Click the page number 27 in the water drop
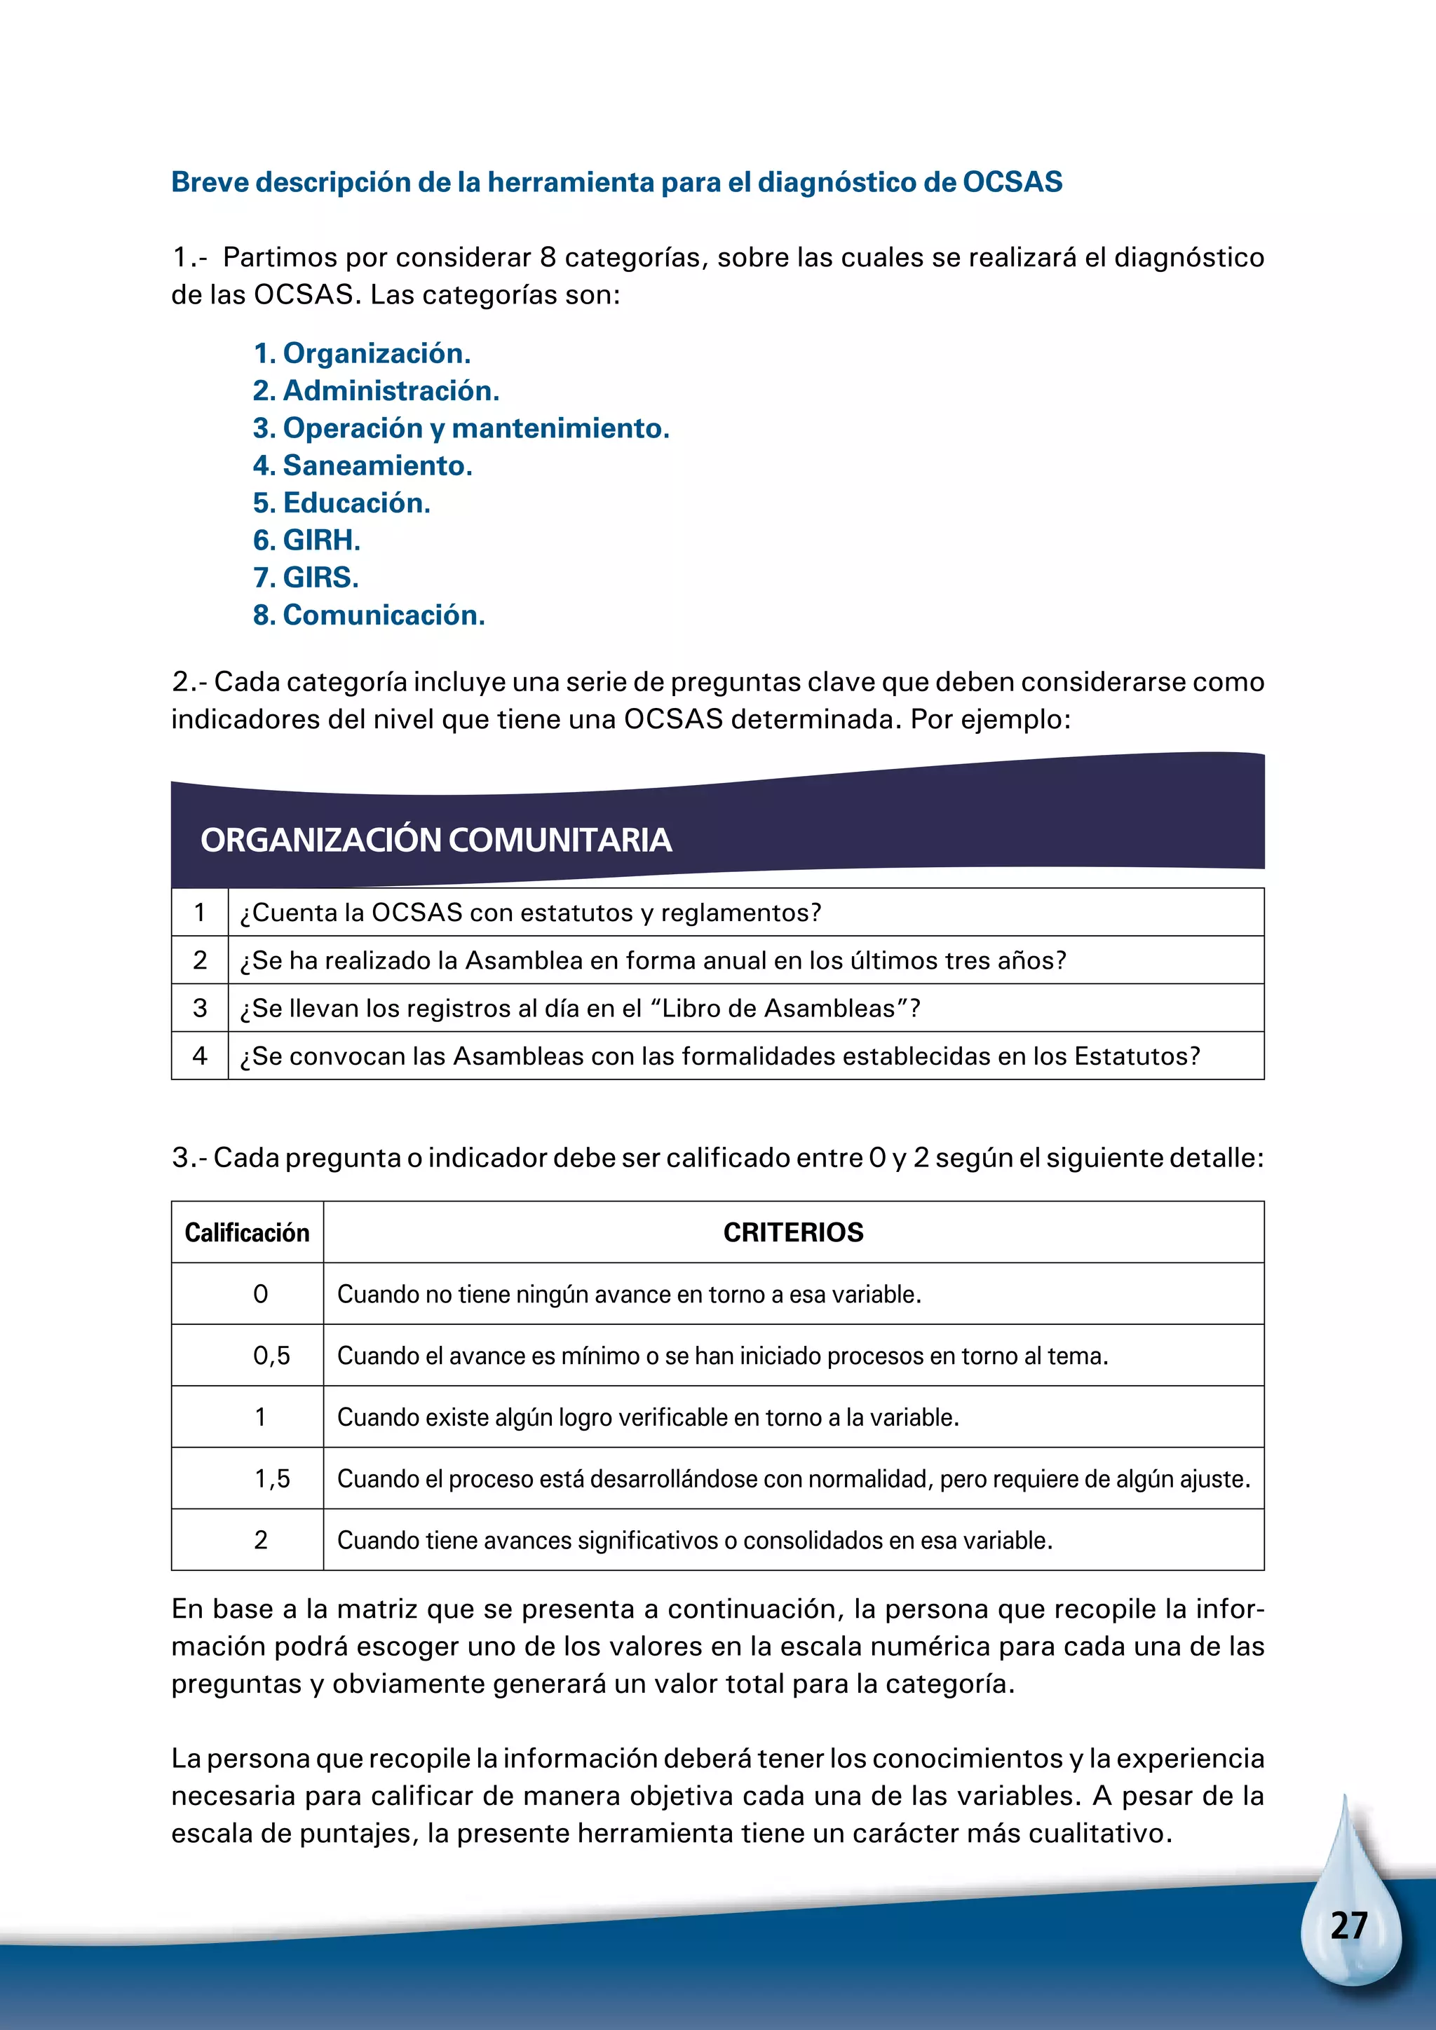1348,1925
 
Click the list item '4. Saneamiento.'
363,465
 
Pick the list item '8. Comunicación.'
369,615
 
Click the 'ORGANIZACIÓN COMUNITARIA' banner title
436,840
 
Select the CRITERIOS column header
793,1232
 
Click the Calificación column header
247,1232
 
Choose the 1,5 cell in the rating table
271,1478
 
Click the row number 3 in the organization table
200,1007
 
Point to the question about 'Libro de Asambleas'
580,1008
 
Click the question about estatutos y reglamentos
531,913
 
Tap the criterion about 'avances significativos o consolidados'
694,1539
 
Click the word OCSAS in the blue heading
1012,182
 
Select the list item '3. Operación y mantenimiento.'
461,428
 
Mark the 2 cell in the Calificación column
261,1539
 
